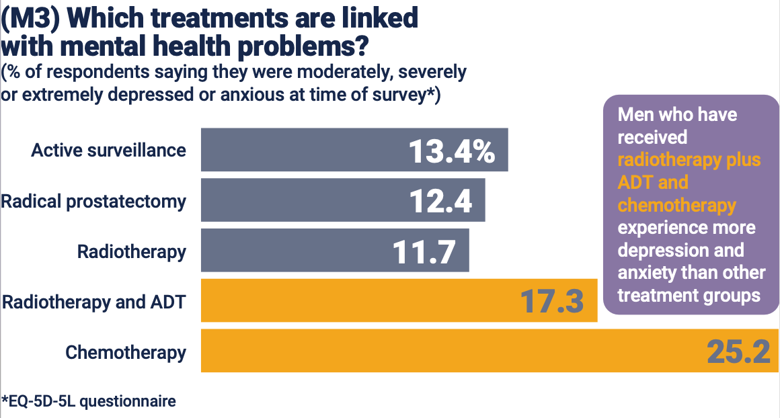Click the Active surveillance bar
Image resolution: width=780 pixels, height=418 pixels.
(303, 150)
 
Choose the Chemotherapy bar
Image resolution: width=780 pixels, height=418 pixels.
(437, 351)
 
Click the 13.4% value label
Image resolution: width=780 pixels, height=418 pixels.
(451, 151)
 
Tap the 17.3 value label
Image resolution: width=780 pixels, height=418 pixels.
(551, 301)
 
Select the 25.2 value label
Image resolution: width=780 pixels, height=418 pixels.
(738, 351)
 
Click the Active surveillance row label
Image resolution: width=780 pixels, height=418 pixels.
(108, 150)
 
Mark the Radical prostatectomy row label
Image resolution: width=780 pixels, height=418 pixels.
(93, 200)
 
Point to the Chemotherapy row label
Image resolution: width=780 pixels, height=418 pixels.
(126, 351)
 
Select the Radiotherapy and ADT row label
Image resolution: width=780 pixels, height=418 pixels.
(93, 301)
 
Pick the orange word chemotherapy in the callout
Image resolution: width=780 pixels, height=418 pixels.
(677, 205)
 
